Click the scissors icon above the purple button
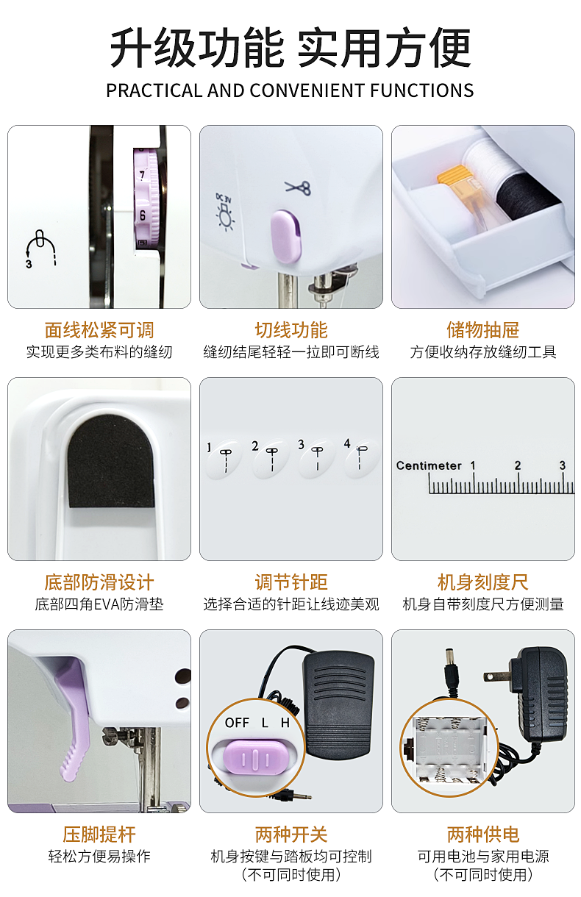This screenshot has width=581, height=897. click(298, 187)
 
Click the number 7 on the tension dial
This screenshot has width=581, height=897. click(142, 174)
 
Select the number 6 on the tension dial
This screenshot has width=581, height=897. click(143, 215)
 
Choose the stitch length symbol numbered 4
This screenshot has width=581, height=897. click(360, 457)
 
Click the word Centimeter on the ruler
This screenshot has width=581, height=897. click(428, 465)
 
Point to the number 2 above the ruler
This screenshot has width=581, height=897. click(518, 465)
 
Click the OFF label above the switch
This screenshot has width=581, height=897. click(237, 723)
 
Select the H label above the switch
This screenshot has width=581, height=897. click(285, 723)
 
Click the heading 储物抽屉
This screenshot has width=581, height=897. click(483, 330)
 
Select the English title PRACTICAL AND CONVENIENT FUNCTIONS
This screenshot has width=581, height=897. click(290, 90)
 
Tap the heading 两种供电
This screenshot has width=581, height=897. click(483, 835)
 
